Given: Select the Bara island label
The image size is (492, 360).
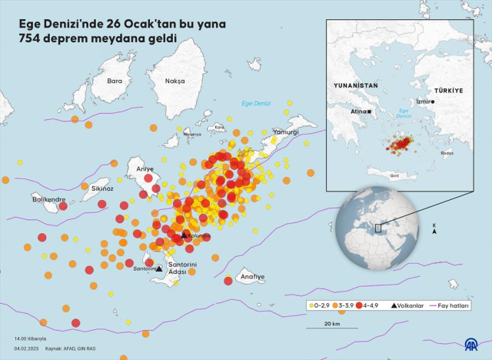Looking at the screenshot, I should click(x=115, y=81).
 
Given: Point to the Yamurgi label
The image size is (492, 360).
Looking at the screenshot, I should click(x=286, y=132).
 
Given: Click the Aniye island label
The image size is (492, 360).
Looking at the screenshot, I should click(x=145, y=168).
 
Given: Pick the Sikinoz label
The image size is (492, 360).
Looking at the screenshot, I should click(x=101, y=188).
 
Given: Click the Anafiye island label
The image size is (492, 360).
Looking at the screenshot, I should click(x=252, y=276).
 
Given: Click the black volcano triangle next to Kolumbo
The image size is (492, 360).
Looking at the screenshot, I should click(x=184, y=234).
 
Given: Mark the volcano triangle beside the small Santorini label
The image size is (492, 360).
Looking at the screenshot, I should click(x=159, y=269).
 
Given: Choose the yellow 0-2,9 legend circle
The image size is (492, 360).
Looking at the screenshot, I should click(x=311, y=305).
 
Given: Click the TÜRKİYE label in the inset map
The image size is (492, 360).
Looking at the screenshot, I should click(x=448, y=91).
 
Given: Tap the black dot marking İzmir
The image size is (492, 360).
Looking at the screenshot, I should click(x=433, y=102).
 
